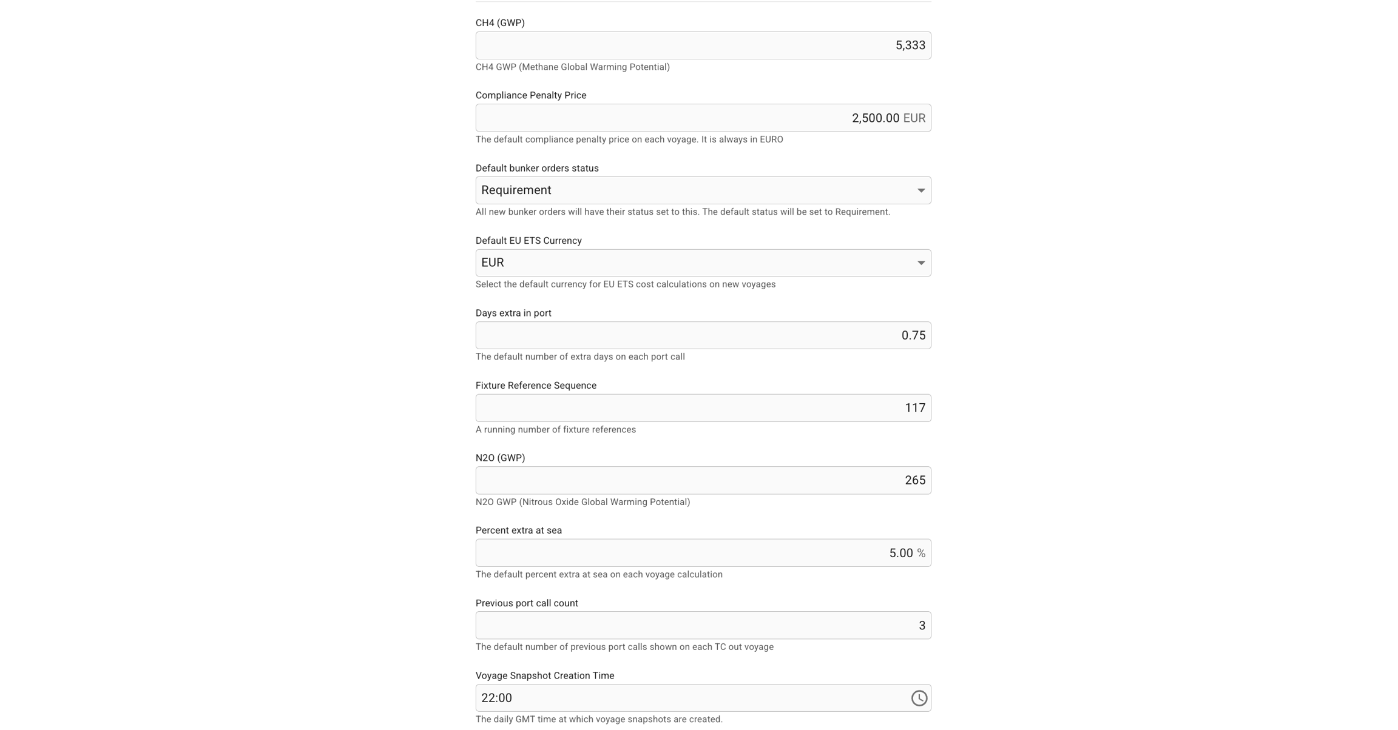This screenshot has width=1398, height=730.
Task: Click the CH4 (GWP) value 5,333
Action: pos(910,45)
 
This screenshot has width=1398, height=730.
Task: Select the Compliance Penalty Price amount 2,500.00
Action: pos(875,118)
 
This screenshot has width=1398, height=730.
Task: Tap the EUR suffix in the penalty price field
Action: pos(914,118)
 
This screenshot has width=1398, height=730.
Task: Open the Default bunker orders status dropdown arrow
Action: pos(920,190)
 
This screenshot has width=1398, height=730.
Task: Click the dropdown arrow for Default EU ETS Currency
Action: pos(920,263)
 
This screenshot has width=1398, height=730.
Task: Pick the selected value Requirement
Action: pos(516,190)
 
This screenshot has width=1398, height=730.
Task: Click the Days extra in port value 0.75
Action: pos(913,335)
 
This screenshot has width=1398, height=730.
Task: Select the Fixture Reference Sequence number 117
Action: pos(914,408)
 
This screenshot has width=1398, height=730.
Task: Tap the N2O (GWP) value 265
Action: pos(914,480)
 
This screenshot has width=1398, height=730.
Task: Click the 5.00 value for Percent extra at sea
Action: pos(900,553)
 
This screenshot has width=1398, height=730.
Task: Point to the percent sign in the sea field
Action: pos(921,553)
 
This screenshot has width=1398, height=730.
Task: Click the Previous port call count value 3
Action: pos(922,626)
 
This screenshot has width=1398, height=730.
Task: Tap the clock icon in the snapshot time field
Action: pos(919,698)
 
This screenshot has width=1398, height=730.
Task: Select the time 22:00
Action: pos(496,698)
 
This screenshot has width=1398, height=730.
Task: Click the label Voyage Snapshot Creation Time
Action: pos(544,675)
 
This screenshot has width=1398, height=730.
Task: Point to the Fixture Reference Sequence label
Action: pos(536,386)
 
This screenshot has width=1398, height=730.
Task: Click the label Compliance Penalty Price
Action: pos(530,95)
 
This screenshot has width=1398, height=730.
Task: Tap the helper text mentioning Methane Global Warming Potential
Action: pos(572,67)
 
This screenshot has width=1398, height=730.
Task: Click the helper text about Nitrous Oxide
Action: pos(582,502)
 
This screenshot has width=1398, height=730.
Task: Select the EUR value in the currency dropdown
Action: pos(492,263)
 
